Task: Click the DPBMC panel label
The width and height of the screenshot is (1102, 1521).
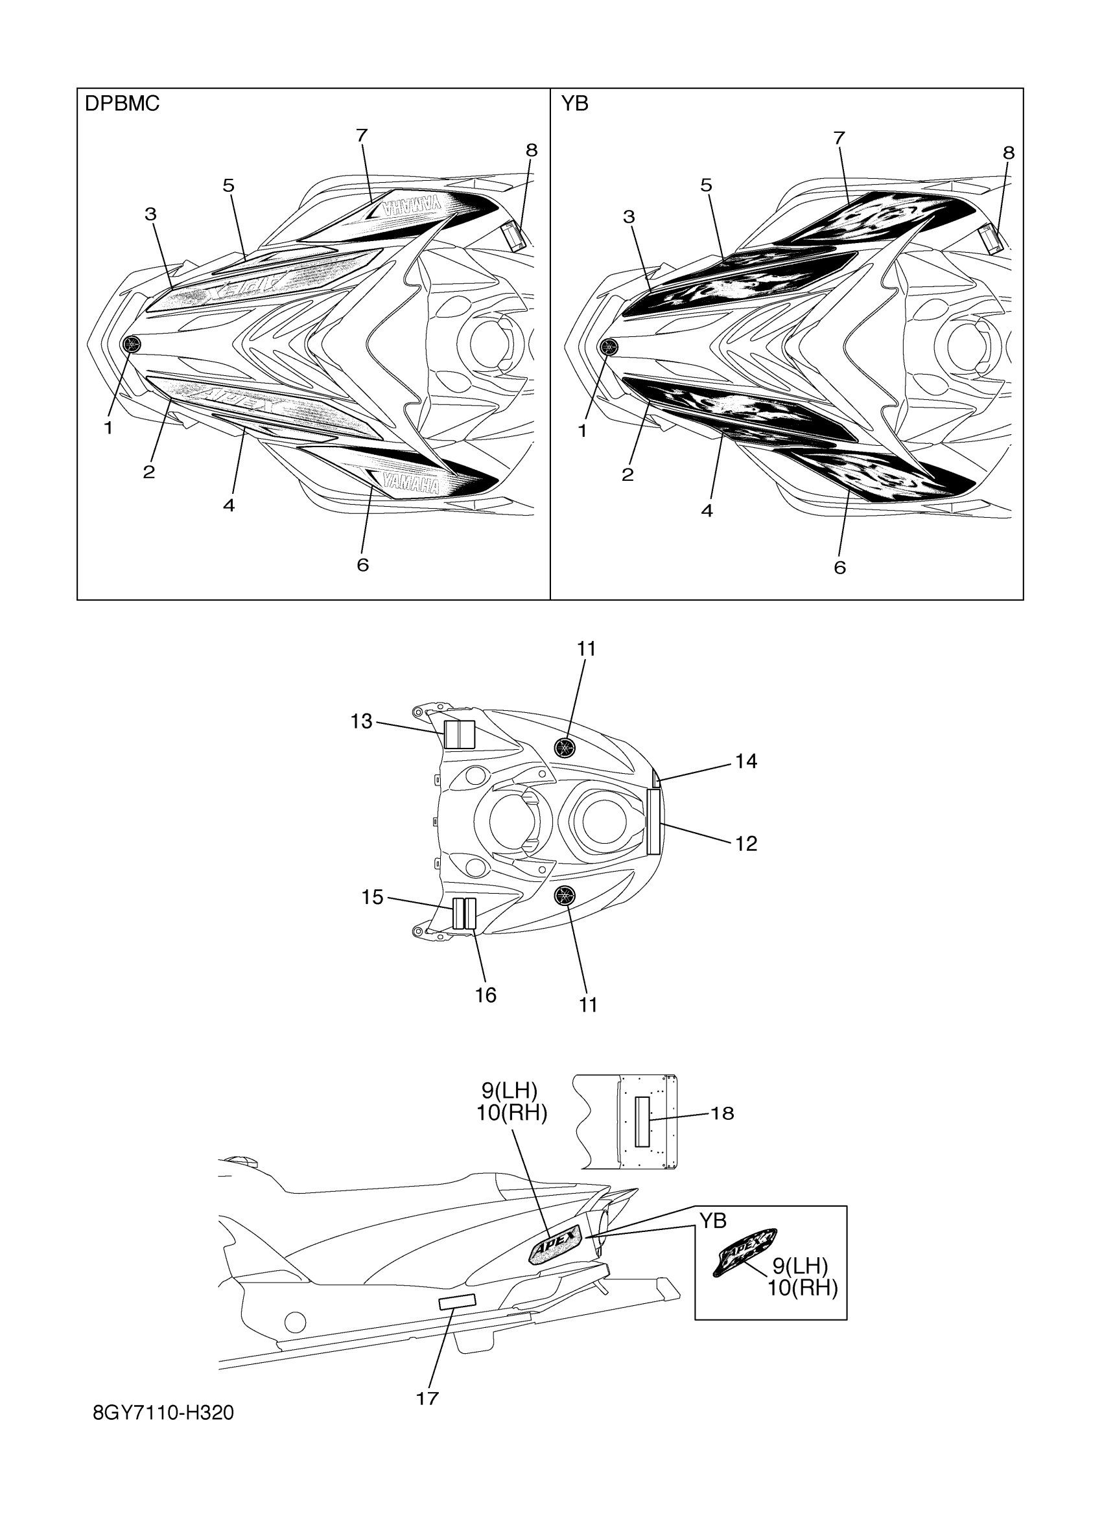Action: (x=122, y=104)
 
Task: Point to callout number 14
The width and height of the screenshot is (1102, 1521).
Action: (x=746, y=762)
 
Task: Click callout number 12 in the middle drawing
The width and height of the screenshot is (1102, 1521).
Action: (x=746, y=844)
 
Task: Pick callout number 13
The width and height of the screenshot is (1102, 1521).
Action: (x=362, y=721)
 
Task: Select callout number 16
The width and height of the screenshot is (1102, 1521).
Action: (x=486, y=995)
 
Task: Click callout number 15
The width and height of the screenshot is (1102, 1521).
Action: (x=372, y=898)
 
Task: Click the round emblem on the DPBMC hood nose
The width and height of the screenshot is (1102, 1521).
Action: (x=132, y=345)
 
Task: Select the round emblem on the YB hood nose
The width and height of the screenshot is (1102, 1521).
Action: (x=608, y=347)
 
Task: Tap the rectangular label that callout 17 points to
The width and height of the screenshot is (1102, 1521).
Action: (x=457, y=1303)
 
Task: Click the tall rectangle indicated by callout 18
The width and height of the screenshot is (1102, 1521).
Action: (x=643, y=1121)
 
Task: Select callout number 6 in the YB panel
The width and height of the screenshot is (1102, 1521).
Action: (x=839, y=567)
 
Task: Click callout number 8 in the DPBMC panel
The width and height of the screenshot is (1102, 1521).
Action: (x=531, y=151)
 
